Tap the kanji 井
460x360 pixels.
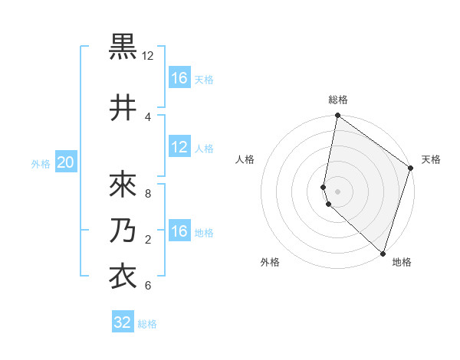click(x=123, y=108)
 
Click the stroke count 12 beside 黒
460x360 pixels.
click(x=148, y=56)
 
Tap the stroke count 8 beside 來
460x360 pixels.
click(x=148, y=193)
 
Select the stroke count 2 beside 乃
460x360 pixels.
click(x=148, y=240)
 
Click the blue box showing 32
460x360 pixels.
click(x=123, y=322)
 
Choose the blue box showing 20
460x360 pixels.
click(x=66, y=162)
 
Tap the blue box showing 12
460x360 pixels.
click(x=179, y=148)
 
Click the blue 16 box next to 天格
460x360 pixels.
click(x=179, y=78)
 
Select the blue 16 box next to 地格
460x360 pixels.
click(x=179, y=231)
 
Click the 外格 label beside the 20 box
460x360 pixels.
click(x=41, y=163)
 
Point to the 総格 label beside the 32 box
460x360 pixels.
click(x=147, y=324)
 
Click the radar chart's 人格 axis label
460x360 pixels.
click(x=245, y=159)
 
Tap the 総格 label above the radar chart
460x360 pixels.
click(x=338, y=100)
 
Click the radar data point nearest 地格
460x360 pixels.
click(x=383, y=253)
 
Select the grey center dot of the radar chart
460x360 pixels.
click(x=338, y=189)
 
